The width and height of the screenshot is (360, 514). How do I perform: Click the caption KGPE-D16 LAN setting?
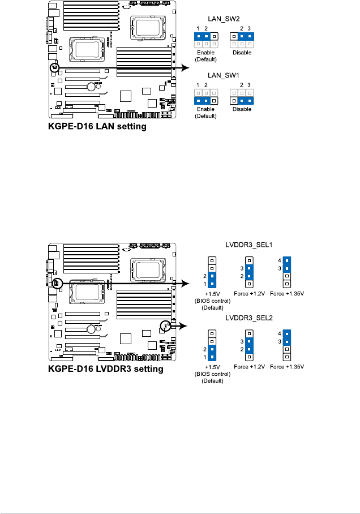point(97,127)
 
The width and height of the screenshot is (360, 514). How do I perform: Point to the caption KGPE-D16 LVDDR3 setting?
point(105,369)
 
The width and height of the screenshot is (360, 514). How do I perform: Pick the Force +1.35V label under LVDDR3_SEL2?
point(287,367)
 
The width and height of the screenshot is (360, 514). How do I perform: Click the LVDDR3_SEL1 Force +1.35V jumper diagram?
point(287,271)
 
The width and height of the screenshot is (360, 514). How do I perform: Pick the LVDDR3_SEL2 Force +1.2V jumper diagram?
point(250,346)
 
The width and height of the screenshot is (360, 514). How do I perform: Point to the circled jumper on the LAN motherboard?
point(55,68)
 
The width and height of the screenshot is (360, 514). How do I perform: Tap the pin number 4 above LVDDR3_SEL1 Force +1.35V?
point(279,260)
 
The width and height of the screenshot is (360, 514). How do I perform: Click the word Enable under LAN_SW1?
point(206,110)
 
